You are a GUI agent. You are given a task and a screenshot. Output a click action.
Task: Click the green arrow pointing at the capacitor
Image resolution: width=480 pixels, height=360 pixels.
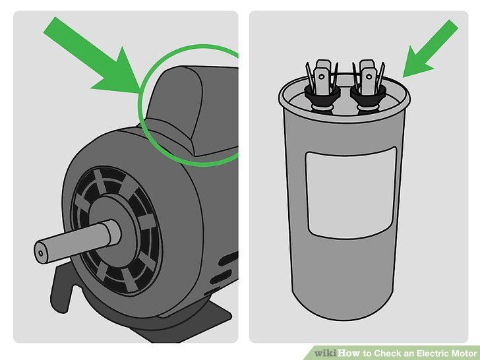pyautogui.click(x=430, y=49)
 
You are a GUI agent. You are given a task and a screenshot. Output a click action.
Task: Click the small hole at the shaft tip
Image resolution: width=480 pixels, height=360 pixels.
pyautogui.click(x=41, y=253)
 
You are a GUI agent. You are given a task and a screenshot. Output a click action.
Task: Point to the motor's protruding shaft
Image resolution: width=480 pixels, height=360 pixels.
pyautogui.click(x=76, y=241)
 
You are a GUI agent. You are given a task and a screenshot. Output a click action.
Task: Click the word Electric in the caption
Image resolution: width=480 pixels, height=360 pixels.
pyautogui.click(x=433, y=353)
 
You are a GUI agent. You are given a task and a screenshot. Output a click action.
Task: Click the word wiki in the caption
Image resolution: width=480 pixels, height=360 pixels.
pyautogui.click(x=325, y=353)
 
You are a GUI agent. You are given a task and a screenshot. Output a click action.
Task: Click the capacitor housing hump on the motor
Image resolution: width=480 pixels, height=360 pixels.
pyautogui.click(x=184, y=107)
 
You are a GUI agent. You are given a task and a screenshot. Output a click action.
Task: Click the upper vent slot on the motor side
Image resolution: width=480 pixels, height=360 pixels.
pyautogui.click(x=228, y=259)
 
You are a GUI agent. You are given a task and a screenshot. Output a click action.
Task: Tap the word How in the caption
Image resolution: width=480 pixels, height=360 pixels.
pyautogui.click(x=349, y=353)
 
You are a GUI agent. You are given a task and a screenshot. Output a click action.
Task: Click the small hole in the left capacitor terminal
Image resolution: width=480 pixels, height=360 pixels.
pyautogui.click(x=322, y=76)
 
